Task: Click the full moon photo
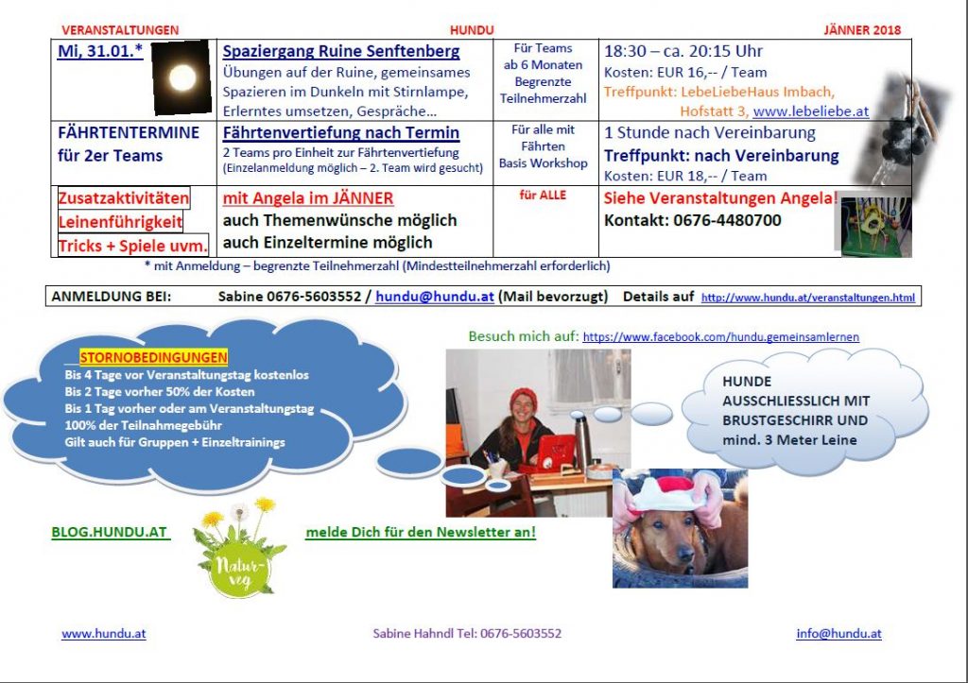pos(181,77)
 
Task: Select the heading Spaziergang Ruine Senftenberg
pos(340,51)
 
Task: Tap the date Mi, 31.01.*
pos(100,51)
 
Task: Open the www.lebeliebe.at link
pos(810,111)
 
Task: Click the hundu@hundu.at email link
pos(435,296)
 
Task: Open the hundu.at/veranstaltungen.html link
pos(808,298)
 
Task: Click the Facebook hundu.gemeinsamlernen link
pos(721,337)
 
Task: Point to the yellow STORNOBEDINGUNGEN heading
pos(154,357)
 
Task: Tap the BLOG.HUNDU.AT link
pos(110,532)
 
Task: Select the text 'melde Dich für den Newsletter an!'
pos(421,532)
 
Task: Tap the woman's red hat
pos(524,398)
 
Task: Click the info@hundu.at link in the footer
pos(839,633)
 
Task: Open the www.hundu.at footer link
pos(104,633)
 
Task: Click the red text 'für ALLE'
pos(543,195)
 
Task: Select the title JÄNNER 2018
pos(862,29)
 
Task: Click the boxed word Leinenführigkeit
pos(120,222)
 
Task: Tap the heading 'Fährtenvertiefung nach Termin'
pos(340,132)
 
